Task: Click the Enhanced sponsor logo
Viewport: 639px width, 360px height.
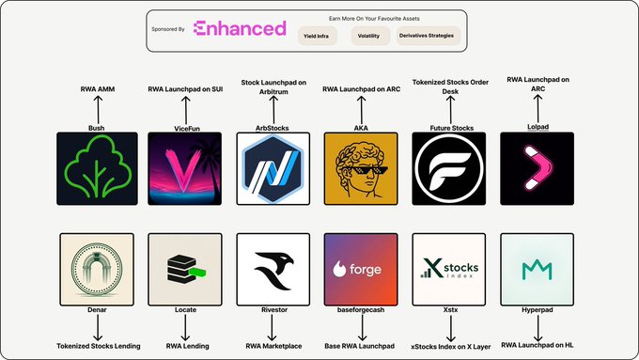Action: [x=240, y=28]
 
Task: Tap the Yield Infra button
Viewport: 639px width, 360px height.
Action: [x=317, y=36]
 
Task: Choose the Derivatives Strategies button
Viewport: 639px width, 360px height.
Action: [x=428, y=36]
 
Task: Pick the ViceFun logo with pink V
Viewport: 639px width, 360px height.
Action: [x=184, y=168]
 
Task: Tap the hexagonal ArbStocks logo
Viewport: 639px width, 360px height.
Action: [x=273, y=168]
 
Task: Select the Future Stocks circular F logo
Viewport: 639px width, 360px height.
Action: [x=448, y=168]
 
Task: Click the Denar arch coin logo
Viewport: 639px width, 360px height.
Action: [x=97, y=269]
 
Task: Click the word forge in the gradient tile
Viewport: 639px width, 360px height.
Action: [x=365, y=270]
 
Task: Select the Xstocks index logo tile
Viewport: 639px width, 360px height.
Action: [x=448, y=269]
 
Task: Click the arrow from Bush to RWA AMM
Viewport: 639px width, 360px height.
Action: [x=98, y=109]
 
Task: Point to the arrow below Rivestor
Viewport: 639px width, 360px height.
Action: [x=272, y=327]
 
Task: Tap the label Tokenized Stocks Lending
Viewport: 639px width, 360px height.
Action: [x=99, y=346]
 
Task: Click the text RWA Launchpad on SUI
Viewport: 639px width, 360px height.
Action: [x=185, y=89]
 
